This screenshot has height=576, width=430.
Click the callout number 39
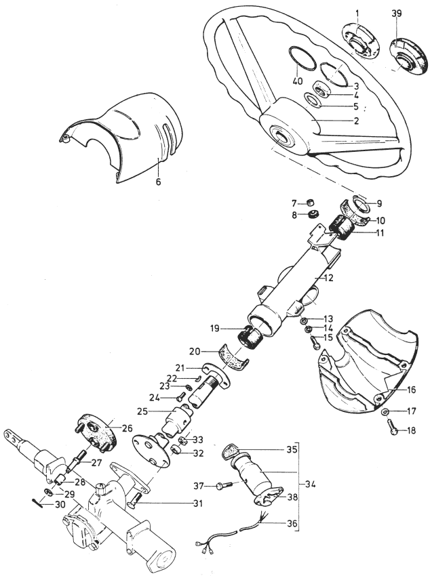click(397, 14)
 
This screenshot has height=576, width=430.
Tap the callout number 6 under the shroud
click(158, 182)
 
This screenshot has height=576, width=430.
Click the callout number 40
click(298, 81)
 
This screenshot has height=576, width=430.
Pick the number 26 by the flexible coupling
click(127, 428)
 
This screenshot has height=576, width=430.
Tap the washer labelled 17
click(385, 411)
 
